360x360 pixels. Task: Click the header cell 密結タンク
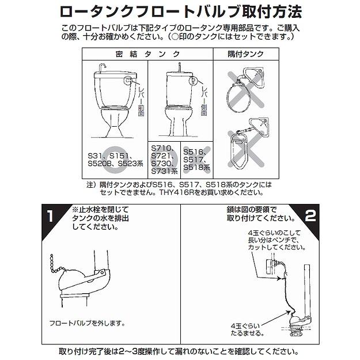click(147, 54)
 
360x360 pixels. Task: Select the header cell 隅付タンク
click(245, 54)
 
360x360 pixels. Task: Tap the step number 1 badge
click(50, 216)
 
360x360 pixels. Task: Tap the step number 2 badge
click(310, 215)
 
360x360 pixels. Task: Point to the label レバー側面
click(204, 100)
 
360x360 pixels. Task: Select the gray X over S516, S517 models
click(197, 159)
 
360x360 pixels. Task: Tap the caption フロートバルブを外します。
click(87, 324)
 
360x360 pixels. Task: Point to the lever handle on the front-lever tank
click(128, 81)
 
